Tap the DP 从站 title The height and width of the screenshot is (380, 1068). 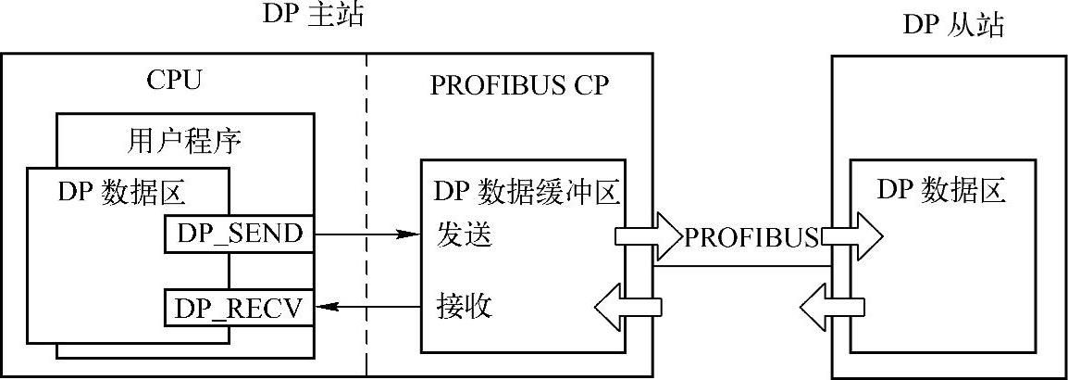(x=952, y=25)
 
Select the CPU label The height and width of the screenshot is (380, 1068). (x=174, y=82)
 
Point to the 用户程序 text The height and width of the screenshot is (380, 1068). (x=182, y=142)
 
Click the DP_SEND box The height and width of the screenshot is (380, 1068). (x=240, y=234)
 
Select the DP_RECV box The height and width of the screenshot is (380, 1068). (x=240, y=308)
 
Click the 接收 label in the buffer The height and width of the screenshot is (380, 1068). (x=463, y=305)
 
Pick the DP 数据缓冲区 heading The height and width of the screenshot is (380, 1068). (x=525, y=193)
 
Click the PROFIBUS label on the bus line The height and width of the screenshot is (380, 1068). (x=751, y=237)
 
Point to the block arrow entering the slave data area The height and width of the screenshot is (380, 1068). (x=851, y=235)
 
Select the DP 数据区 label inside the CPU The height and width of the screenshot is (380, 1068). (x=122, y=192)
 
